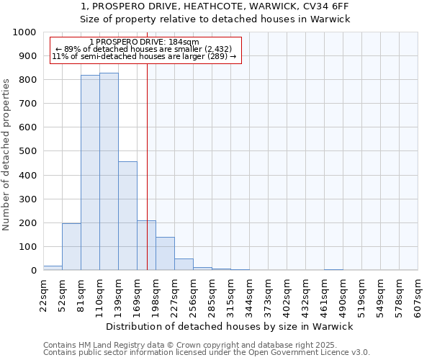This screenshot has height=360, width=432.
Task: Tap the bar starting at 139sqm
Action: coord(127,216)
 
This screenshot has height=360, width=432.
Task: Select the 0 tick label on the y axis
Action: coord(33,271)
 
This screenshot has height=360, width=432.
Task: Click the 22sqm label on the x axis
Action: coord(43,294)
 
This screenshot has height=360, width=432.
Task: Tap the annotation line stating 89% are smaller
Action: coord(143,49)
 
